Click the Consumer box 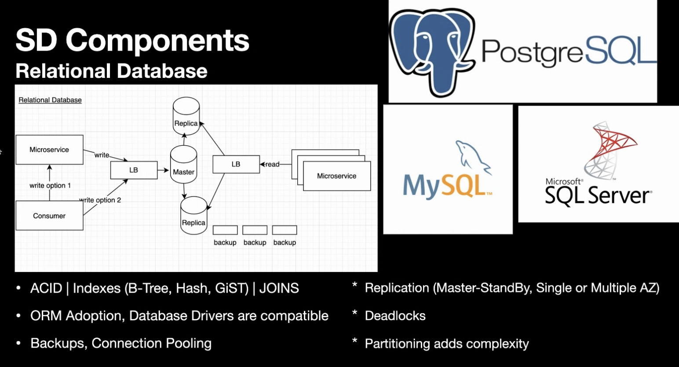pos(49,216)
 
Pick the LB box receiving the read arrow pos(236,164)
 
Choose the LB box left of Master pos(134,170)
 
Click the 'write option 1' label pos(50,186)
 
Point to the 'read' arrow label pos(272,165)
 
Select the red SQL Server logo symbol pos(611,150)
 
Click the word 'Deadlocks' pos(395,316)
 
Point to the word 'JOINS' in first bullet pos(279,289)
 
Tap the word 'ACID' pos(46,289)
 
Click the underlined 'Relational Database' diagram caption pos(50,100)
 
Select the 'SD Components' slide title pos(132,40)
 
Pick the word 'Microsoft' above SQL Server pos(563,181)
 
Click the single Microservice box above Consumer pos(49,150)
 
